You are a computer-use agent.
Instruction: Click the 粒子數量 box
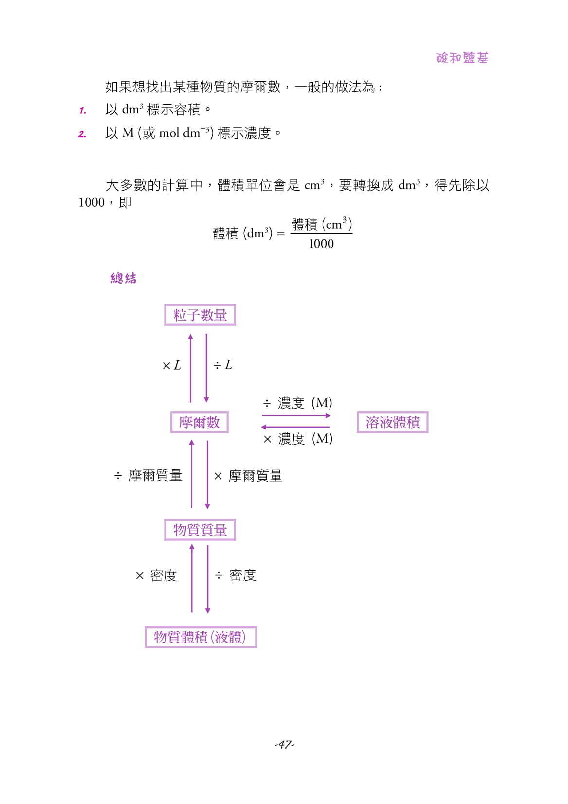[x=200, y=315]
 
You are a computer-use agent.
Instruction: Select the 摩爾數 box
[x=199, y=422]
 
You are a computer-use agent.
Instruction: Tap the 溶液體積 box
[x=392, y=422]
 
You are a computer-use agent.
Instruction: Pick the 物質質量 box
[x=200, y=530]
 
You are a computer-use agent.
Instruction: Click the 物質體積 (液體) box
[x=201, y=637]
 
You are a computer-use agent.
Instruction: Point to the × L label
[x=171, y=365]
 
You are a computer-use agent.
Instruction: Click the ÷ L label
[x=223, y=365]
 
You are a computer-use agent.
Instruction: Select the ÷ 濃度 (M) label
[x=297, y=403]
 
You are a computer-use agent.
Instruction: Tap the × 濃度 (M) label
[x=297, y=439]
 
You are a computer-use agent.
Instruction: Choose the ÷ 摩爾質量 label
[x=148, y=475]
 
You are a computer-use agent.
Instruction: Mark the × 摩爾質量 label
[x=248, y=476]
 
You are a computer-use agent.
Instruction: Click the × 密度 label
[x=156, y=576]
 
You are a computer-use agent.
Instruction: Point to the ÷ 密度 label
[x=236, y=575]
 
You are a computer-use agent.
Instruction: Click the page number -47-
[x=284, y=744]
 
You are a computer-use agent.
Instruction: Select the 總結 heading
[x=124, y=278]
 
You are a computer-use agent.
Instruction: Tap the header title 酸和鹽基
[x=462, y=58]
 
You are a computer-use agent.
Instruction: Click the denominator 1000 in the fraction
[x=321, y=244]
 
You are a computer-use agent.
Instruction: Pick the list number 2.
[x=82, y=134]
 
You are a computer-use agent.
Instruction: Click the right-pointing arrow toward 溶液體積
[x=296, y=416]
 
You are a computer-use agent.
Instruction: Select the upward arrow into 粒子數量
[x=191, y=368]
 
